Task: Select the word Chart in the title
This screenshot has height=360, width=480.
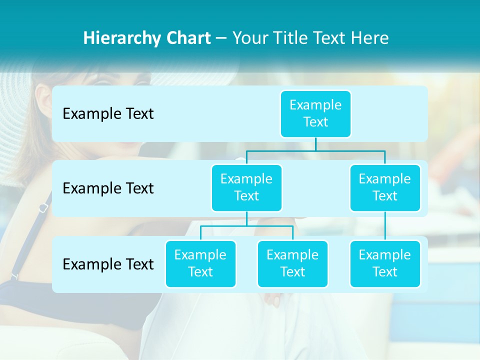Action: pyautogui.click(x=188, y=38)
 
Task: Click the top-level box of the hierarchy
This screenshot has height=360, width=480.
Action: pyautogui.click(x=315, y=113)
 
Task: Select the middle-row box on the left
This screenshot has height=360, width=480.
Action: pyautogui.click(x=246, y=187)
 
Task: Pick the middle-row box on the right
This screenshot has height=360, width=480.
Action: pyautogui.click(x=385, y=187)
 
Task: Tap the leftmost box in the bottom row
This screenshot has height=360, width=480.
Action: pyautogui.click(x=200, y=263)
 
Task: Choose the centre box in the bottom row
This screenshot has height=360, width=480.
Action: pyautogui.click(x=292, y=263)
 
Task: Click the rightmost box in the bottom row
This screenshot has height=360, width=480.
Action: pyautogui.click(x=385, y=263)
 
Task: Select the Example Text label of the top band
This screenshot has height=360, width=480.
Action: pyautogui.click(x=108, y=113)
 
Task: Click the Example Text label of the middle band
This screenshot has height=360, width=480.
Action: pyautogui.click(x=108, y=188)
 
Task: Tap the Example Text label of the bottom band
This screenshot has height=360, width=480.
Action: pyautogui.click(x=108, y=264)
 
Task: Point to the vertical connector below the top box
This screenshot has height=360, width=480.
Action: pyautogui.click(x=315, y=144)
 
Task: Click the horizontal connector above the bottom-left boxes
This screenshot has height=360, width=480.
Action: pyautogui.click(x=246, y=226)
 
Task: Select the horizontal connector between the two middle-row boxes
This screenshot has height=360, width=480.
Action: pyautogui.click(x=315, y=150)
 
